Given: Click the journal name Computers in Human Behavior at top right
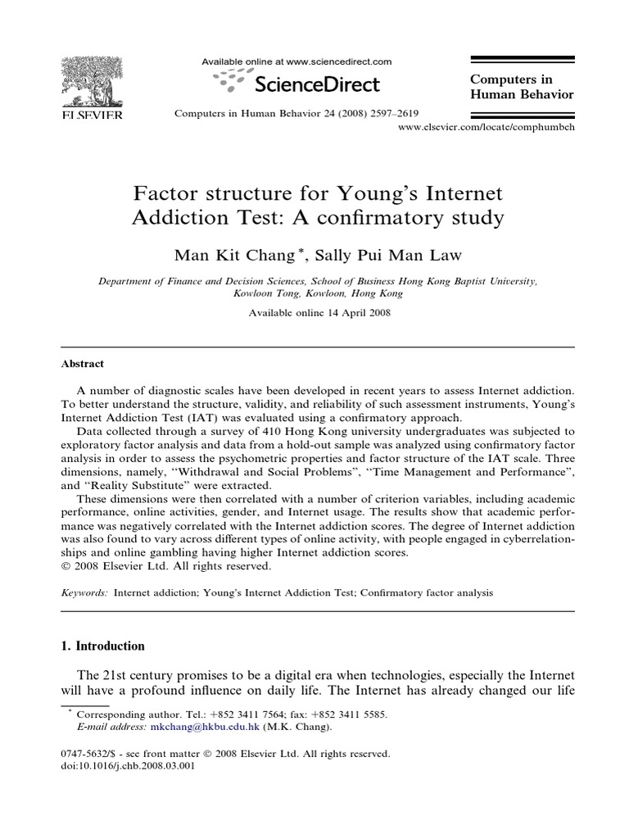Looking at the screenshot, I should (x=521, y=87).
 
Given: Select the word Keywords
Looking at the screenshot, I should (x=84, y=592).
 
